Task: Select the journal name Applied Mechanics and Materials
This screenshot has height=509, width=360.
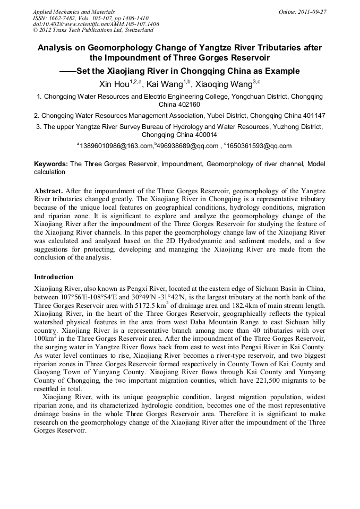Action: (x=73, y=11)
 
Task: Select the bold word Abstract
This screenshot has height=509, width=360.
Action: (x=49, y=190)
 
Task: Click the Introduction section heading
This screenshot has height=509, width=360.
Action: (x=54, y=277)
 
